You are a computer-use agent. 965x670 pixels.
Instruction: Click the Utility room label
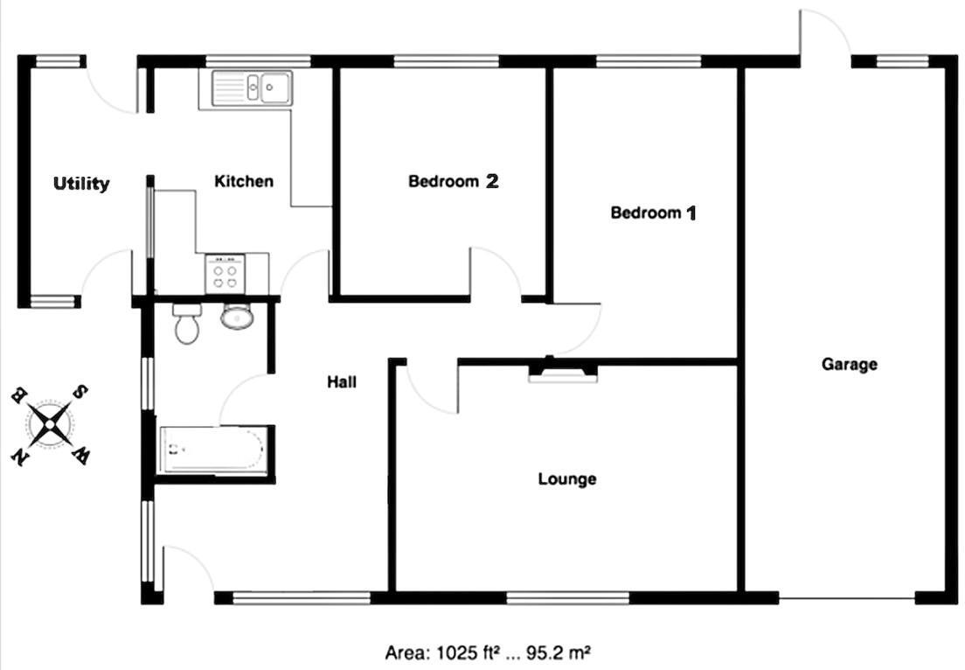coord(81,184)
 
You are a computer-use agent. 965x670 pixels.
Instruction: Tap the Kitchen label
coord(244,181)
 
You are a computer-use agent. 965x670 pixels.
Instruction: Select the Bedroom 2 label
coord(453,181)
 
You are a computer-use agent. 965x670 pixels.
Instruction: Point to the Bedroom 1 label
coord(653,213)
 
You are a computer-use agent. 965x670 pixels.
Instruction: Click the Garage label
coord(849,364)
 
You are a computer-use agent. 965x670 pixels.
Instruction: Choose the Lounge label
coord(567,478)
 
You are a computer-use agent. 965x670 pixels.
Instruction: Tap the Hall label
coord(342,381)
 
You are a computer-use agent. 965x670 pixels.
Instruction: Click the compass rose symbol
coord(51,425)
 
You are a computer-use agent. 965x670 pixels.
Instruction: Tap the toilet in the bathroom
coord(186,324)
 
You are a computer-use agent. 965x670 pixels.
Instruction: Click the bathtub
coord(212,450)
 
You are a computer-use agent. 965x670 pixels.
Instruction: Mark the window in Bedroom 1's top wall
coord(648,61)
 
